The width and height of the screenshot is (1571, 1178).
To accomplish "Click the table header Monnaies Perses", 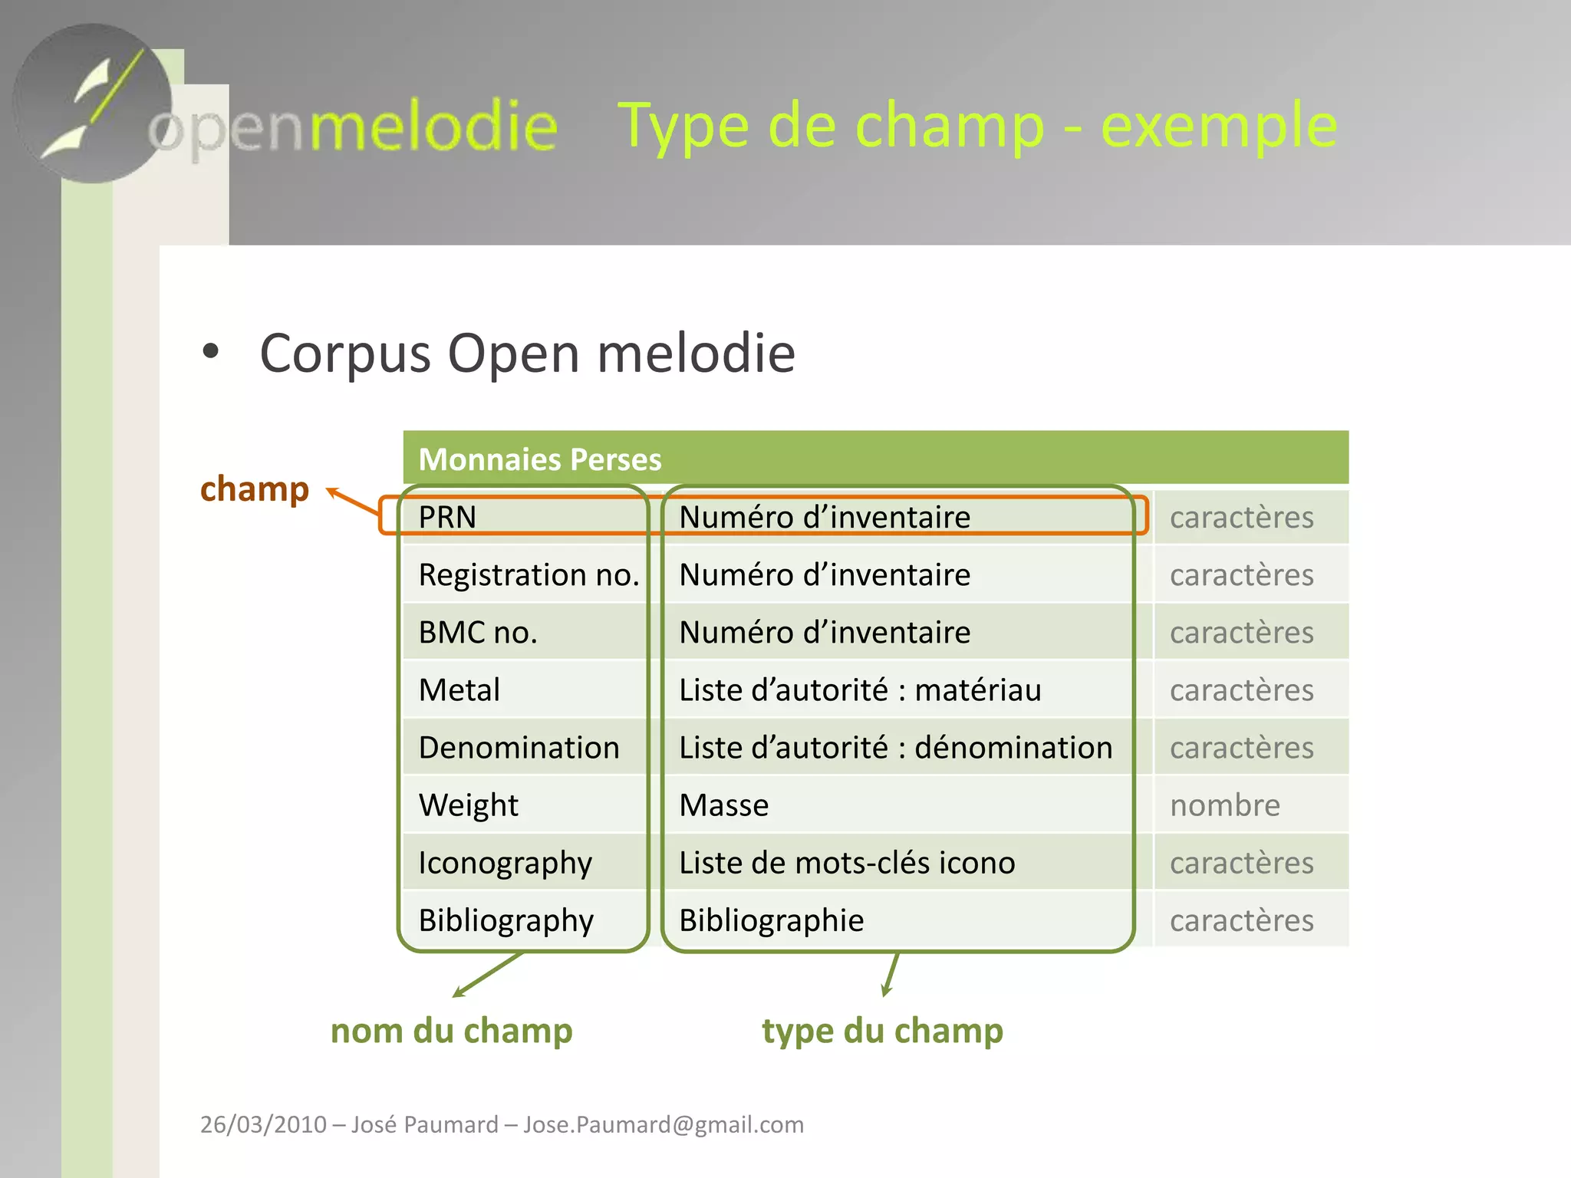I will (x=540, y=459).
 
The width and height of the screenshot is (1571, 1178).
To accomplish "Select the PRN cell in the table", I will (x=448, y=517).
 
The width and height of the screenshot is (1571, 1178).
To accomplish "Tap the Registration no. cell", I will (x=529, y=574).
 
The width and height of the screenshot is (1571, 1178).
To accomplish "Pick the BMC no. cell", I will (x=478, y=633).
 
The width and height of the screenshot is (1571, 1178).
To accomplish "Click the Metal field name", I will (x=459, y=690).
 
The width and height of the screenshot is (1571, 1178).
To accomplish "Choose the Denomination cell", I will (x=519, y=748).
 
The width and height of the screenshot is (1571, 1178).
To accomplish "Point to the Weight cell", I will (x=469, y=805).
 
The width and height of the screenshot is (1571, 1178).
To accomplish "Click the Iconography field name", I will (x=505, y=863).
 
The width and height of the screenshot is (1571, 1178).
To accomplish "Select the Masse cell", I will (x=723, y=805).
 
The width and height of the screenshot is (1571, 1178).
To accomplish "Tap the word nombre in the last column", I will (x=1224, y=805).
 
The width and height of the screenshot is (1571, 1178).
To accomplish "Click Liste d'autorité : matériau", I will (x=860, y=690).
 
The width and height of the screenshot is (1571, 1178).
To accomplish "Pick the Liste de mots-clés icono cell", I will (x=847, y=863).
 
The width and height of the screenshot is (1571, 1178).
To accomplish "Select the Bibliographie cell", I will (x=771, y=920).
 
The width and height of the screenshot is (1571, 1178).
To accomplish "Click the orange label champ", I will (x=254, y=489).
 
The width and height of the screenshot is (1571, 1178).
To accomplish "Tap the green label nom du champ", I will (x=451, y=1031).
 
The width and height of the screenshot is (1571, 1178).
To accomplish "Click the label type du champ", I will (x=882, y=1031).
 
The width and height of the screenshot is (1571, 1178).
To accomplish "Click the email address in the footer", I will (x=664, y=1124).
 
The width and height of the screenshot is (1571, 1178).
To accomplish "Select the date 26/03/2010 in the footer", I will (x=263, y=1124).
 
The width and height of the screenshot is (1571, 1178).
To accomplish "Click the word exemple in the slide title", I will (x=1219, y=125).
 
